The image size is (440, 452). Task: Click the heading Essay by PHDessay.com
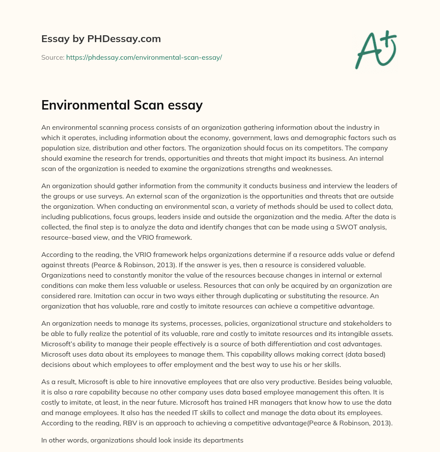coord(101,39)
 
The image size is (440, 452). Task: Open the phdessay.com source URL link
coord(144,57)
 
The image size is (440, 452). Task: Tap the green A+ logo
coord(375,49)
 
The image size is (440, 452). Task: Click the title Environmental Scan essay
coord(122,105)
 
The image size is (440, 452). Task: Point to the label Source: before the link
coord(52,57)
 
